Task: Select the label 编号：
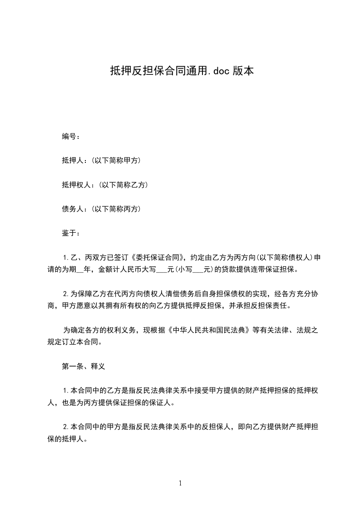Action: click(x=71, y=136)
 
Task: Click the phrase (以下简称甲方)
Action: click(x=115, y=161)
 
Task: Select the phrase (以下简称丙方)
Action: click(x=115, y=209)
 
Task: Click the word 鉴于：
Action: click(x=71, y=233)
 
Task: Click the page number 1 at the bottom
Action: click(x=180, y=484)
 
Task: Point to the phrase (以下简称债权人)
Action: click(x=282, y=258)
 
